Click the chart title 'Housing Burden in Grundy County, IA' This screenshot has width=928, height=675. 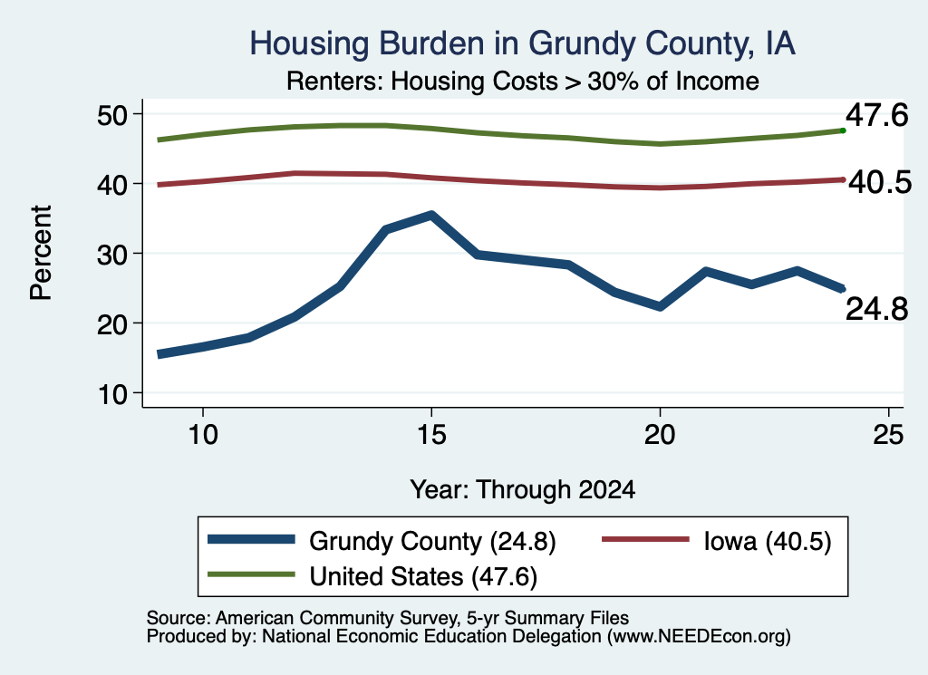pos(522,43)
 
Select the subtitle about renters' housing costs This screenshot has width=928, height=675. pos(523,81)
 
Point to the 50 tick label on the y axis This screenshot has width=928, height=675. pos(112,115)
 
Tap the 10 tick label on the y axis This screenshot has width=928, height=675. pos(112,394)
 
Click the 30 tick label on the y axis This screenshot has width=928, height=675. pos(112,255)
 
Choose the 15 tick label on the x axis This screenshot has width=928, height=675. pos(431,436)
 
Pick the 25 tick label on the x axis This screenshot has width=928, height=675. pos(888,436)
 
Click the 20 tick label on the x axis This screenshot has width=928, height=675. pos(660,436)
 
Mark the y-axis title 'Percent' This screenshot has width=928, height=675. pos(42,253)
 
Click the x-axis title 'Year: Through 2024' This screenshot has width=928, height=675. pos(523,490)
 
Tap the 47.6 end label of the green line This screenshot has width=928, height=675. pos(876,115)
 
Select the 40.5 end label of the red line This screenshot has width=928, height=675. pos(880,182)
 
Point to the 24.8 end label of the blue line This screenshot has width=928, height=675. pos(876,309)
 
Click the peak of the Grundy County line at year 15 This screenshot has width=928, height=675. pos(432,216)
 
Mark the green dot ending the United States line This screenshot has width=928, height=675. pos(843,130)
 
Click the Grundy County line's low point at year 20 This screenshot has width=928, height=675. pos(660,306)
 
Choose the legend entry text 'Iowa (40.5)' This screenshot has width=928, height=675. pos(768,541)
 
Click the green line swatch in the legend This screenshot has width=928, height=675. pos(251,574)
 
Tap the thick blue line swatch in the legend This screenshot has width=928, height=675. pos(251,539)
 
